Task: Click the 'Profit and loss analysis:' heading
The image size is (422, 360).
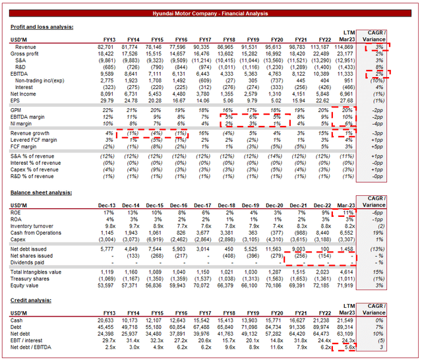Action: [42, 27]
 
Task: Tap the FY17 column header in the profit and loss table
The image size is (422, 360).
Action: [205, 40]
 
